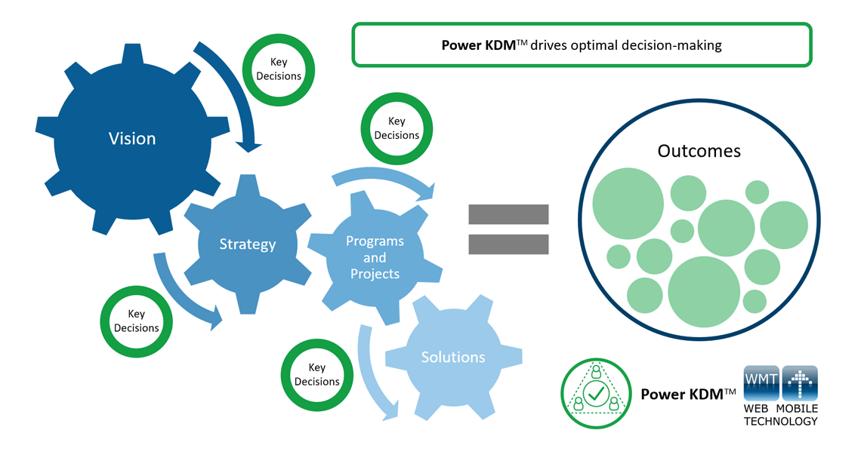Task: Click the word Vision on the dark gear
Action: point(132,139)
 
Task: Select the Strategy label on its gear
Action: point(247,244)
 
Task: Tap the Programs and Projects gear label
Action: point(375,257)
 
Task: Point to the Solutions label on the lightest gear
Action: point(453,357)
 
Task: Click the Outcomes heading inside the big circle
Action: point(699,151)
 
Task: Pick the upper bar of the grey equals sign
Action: point(508,214)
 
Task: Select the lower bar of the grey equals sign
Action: point(508,244)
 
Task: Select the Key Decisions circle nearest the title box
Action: point(279,69)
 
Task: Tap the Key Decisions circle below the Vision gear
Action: point(137,321)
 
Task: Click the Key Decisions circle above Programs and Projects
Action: point(397,128)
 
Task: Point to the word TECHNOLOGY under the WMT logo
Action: point(780,422)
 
